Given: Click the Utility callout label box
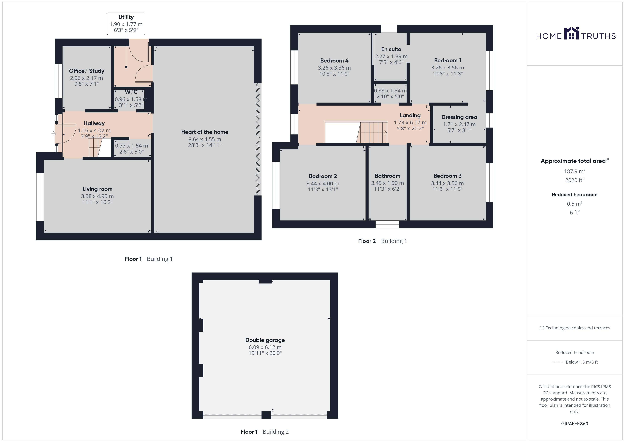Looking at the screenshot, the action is tap(126, 24).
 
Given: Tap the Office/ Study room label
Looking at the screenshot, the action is tap(87, 71).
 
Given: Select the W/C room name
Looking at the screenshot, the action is tap(131, 92).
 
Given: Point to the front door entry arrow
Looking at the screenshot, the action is tap(54, 134).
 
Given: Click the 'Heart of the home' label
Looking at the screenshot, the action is tap(205, 132).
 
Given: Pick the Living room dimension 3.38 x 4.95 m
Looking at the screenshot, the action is tap(97, 196).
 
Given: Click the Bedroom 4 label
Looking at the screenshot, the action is tap(334, 60).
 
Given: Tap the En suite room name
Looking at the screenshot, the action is tap(391, 49).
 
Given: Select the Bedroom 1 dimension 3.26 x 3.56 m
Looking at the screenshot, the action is tap(447, 67).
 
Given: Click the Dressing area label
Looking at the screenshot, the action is tap(459, 117).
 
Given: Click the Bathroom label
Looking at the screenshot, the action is tap(388, 176).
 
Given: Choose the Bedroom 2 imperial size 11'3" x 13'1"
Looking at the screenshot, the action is tap(323, 189).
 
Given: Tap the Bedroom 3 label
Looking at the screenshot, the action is tap(447, 176).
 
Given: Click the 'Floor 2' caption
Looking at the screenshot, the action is tap(367, 241).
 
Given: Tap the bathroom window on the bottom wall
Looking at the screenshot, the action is tap(387, 224).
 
